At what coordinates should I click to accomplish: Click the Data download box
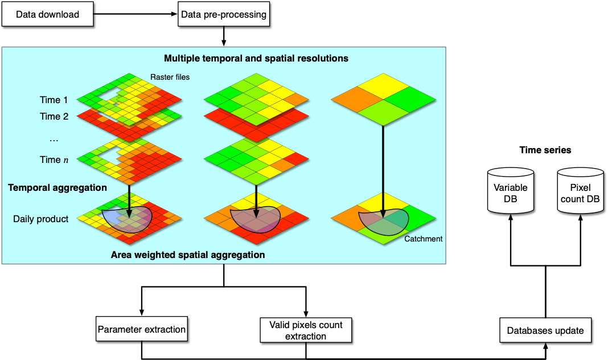point(48,14)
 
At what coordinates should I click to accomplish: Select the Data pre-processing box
point(224,14)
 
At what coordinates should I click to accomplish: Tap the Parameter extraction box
point(142,329)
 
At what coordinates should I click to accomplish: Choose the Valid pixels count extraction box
point(306,330)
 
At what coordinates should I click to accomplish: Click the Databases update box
point(545,330)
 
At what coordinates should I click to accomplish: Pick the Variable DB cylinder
point(511,191)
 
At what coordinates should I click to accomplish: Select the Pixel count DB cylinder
point(581,191)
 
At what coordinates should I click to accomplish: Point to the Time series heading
point(545,150)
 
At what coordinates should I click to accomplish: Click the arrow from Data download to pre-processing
point(135,14)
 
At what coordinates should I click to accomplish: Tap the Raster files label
point(170,77)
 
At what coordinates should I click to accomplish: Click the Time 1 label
point(54,100)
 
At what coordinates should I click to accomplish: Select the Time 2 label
point(54,116)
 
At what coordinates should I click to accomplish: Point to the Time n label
point(54,160)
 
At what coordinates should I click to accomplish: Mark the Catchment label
point(424,239)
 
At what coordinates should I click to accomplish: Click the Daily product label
point(41,219)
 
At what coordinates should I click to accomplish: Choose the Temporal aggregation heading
point(57,188)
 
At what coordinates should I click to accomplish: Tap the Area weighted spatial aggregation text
point(188,255)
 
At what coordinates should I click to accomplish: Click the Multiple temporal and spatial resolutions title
point(256,59)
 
